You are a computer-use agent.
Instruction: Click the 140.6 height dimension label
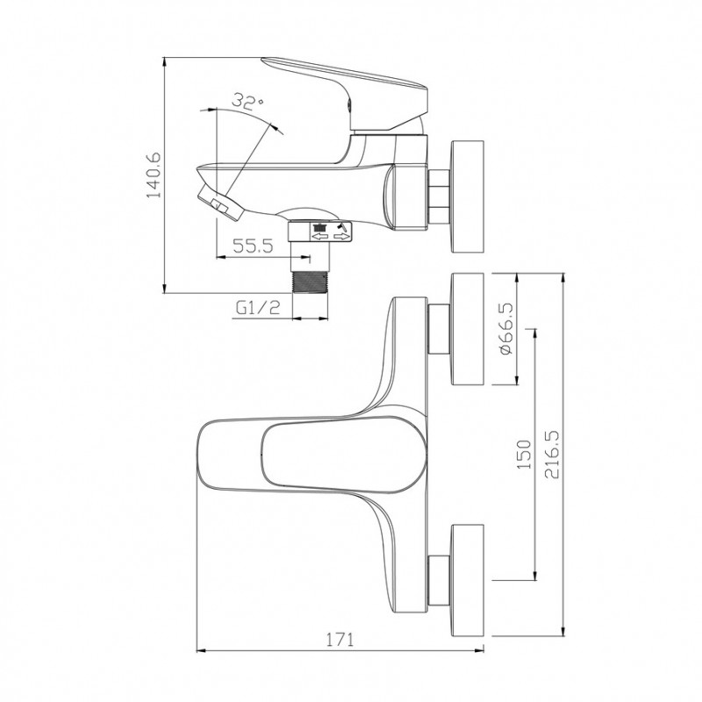coord(153,175)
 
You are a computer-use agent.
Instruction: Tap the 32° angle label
coord(247,101)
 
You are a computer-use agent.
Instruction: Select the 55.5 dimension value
coord(253,246)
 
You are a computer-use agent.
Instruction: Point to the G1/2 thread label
coord(258,308)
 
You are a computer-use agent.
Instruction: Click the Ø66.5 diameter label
coord(506,329)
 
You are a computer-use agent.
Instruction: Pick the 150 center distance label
coord(524,455)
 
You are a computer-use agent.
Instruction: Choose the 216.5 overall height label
coord(552,455)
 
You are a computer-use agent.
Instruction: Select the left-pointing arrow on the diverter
coord(320,236)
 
